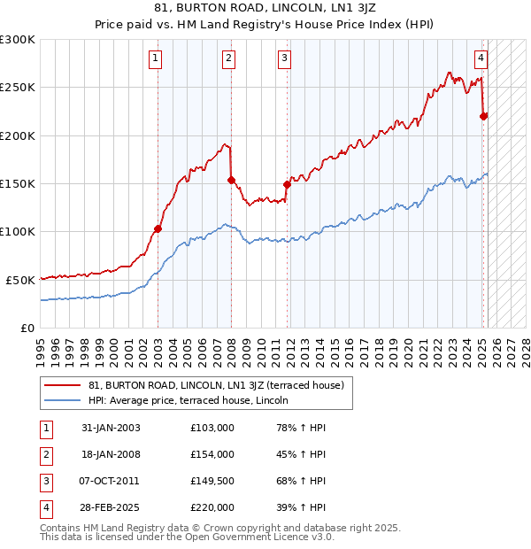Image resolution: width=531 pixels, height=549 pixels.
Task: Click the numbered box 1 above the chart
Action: point(155,58)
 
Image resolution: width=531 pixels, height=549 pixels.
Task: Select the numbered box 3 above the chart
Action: point(285,58)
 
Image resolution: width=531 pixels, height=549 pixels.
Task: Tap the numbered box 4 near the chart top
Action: point(481,58)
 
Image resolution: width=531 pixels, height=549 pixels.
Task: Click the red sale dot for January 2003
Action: point(158,228)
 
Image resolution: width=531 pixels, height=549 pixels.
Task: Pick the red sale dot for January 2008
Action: point(231,180)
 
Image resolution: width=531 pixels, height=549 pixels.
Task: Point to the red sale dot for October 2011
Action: point(287,184)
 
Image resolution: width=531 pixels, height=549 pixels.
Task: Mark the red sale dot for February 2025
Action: point(484,116)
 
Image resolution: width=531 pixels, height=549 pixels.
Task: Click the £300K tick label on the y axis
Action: point(18,40)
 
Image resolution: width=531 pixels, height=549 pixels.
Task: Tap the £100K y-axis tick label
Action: point(18,231)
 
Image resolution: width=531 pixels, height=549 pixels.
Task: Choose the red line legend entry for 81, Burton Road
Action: point(209,385)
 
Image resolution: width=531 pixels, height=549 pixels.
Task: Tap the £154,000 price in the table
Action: point(212,454)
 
